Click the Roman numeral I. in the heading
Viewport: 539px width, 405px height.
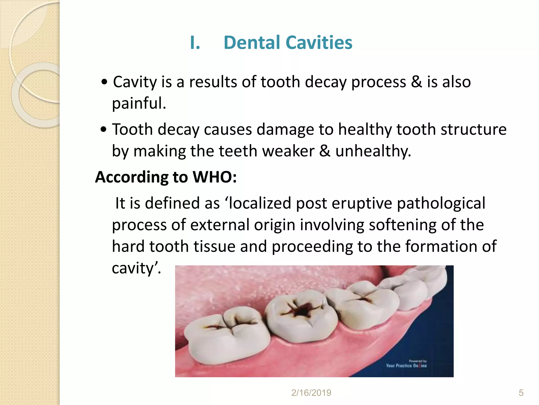(195, 43)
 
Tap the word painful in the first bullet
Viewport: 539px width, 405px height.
(139, 103)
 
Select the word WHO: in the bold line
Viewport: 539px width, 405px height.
(214, 177)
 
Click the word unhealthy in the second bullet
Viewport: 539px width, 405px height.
(373, 151)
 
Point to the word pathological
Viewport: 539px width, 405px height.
(441, 203)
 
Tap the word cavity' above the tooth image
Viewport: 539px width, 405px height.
(136, 268)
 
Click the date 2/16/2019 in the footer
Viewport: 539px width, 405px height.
(311, 393)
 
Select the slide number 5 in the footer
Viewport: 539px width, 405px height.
(521, 393)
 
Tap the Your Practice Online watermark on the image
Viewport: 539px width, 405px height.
(406, 365)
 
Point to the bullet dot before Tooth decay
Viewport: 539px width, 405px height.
(104, 130)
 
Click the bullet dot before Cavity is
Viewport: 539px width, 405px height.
(104, 82)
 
